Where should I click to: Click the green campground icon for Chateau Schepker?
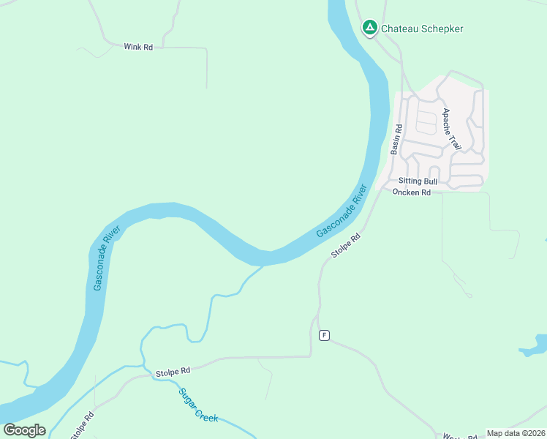coord(370,29)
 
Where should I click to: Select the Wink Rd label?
coord(138,47)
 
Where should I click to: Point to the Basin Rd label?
coord(396,138)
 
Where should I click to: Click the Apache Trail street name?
coord(451,130)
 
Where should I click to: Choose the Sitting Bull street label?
coord(418,181)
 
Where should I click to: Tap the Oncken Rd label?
coord(412,192)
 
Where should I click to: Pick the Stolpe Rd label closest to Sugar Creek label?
coord(173,372)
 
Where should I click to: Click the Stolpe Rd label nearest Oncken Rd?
coord(346,246)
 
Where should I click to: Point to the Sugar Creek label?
coord(198,404)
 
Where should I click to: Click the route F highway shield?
coord(324,335)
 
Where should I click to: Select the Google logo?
coord(24,430)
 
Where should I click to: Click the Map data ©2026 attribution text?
coord(516,433)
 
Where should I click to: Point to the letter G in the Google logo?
coord(10,430)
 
